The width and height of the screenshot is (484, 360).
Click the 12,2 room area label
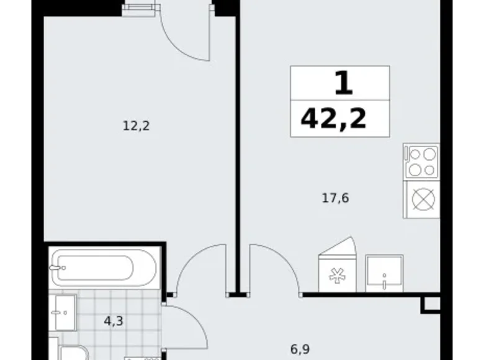(136, 126)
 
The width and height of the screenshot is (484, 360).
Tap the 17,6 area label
(335, 198)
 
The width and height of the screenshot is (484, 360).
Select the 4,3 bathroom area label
(114, 321)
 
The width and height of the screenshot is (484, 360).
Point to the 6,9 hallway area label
(300, 349)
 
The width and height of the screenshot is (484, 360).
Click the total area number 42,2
(333, 119)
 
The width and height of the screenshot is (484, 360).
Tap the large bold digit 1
(344, 83)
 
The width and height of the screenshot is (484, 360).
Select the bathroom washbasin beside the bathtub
(63, 312)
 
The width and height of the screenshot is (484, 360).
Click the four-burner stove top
(421, 161)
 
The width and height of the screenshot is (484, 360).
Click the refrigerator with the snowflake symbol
(337, 268)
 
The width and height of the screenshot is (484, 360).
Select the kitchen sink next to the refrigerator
(384, 273)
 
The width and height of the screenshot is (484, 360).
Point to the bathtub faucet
(58, 268)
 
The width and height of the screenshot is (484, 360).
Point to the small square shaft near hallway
(431, 305)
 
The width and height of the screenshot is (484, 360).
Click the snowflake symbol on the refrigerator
(337, 276)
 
